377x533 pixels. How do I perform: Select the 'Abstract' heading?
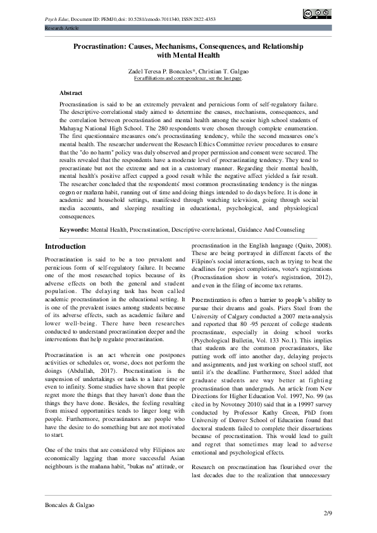(70, 92)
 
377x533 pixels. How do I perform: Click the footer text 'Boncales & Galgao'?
(69, 505)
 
